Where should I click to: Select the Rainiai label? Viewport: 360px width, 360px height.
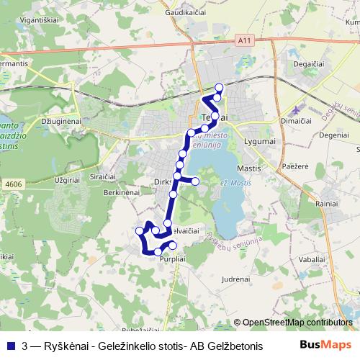pyautogui.click(x=325, y=204)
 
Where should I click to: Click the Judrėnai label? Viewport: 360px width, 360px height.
pyautogui.click(x=236, y=277)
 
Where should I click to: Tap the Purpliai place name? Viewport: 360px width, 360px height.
pyautogui.click(x=175, y=258)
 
